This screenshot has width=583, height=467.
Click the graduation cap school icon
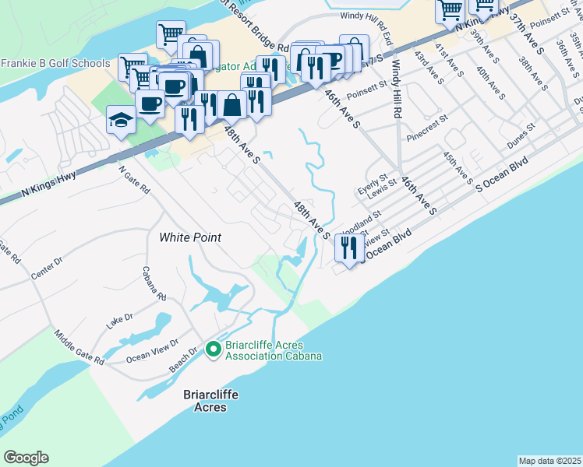point(121,120)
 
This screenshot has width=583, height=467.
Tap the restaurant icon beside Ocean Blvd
point(348,248)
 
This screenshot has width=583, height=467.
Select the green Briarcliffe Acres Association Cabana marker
point(214,350)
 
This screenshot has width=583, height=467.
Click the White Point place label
point(190,237)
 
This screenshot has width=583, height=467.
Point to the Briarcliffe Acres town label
point(210,401)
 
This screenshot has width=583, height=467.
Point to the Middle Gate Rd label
point(79,348)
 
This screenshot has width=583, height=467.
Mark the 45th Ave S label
point(458,169)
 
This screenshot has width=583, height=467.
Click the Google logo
point(26,458)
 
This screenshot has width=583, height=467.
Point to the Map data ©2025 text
point(550,461)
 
